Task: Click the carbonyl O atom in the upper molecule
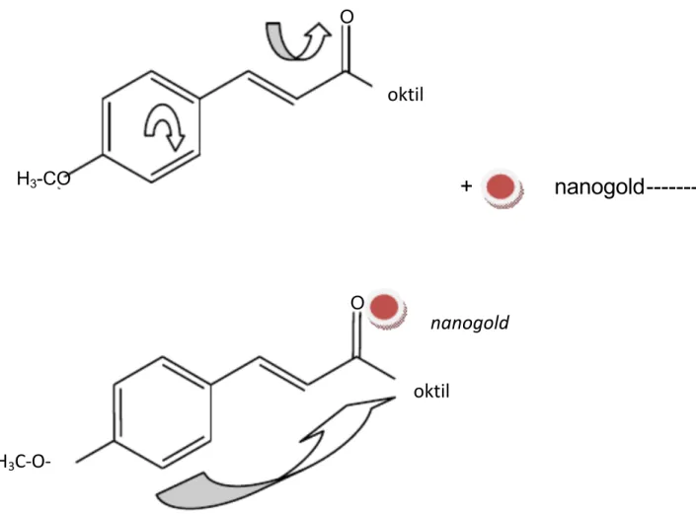(347, 17)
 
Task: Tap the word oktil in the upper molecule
(406, 95)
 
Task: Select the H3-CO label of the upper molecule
(43, 179)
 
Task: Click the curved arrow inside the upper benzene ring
(165, 127)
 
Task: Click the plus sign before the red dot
(466, 185)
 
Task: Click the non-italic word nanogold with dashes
(599, 187)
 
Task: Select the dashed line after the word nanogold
(671, 188)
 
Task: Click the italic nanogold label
(470, 323)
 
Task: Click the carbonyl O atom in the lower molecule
(357, 303)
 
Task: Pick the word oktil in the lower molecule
(431, 392)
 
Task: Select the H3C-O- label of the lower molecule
(25, 462)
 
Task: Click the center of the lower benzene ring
(162, 412)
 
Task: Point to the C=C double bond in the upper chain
(271, 87)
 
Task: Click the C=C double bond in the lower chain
(283, 374)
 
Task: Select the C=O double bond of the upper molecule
(347, 48)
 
